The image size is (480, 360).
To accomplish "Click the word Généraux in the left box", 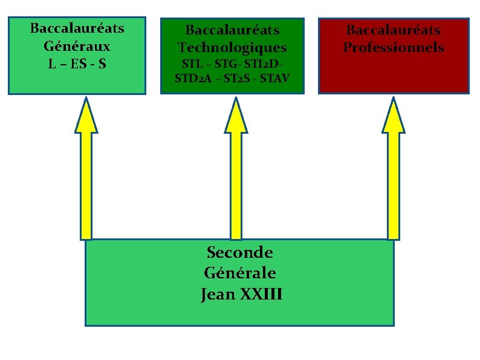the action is pos(77,45).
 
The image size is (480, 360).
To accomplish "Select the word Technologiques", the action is pos(232,47).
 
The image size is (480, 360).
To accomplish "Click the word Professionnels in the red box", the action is pos(394,47).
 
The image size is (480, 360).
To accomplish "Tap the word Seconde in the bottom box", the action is pos(239,252).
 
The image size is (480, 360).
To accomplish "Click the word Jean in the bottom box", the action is pos(218,295).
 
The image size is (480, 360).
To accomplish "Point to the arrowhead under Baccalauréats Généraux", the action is pos(86,116).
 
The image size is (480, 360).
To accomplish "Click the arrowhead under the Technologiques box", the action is pos(236,116).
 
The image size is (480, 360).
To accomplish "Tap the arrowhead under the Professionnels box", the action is pos(394,116).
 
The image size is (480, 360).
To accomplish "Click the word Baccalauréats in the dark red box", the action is pos(394,30).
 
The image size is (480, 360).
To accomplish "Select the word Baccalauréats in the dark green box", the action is pos(232,30).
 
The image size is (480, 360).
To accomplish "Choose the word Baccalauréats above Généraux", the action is pos(77,28).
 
